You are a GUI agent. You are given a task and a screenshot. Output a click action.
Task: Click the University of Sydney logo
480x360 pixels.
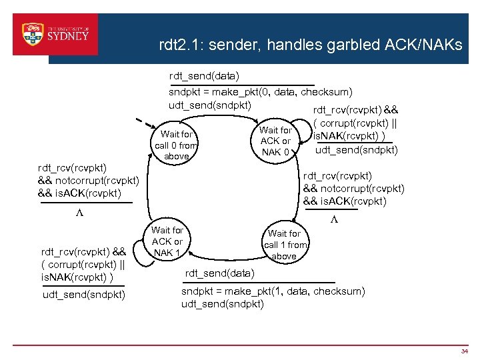55,34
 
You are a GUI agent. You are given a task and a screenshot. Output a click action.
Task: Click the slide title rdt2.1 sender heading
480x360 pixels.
310,45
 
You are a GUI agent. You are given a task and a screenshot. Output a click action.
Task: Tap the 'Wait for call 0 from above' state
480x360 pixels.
176,145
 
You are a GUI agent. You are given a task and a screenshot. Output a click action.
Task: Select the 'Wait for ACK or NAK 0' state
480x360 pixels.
275,141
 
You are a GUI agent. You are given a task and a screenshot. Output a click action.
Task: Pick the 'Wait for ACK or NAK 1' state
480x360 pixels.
167,241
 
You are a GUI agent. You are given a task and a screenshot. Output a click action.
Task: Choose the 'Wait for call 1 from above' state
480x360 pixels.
284,245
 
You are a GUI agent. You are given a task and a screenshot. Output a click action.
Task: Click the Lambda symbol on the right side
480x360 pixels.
334,220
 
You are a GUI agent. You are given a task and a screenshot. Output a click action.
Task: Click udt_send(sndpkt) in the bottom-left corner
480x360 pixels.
83,294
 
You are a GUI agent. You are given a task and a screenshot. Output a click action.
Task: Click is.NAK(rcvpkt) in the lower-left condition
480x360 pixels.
76,277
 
